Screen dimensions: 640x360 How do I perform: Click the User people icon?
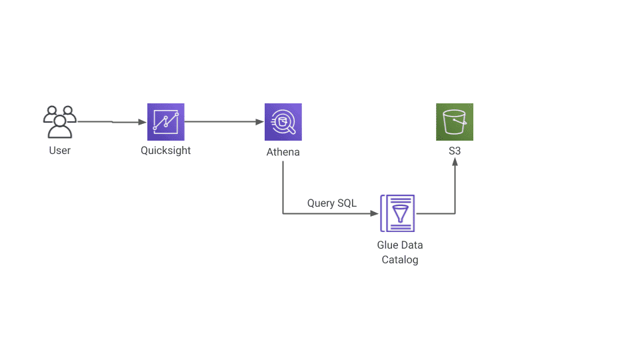[x=60, y=122]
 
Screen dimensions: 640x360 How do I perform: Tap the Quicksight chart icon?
[x=166, y=122]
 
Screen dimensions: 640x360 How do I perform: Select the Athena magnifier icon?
[x=283, y=122]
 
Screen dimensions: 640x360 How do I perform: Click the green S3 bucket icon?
[x=455, y=122]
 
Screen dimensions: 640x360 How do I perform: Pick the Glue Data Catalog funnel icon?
[x=398, y=213]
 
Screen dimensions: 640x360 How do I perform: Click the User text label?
[x=60, y=151]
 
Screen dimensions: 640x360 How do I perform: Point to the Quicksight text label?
[x=166, y=151]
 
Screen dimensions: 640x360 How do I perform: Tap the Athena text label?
[x=283, y=152]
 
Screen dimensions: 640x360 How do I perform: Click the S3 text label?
[x=455, y=151]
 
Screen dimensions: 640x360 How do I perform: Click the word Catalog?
[x=400, y=260]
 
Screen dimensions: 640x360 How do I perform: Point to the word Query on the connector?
[x=321, y=203]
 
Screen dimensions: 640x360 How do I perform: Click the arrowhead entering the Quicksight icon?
[x=143, y=122]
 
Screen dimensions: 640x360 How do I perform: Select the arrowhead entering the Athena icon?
[x=259, y=122]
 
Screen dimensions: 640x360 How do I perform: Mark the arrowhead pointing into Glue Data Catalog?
[x=374, y=213]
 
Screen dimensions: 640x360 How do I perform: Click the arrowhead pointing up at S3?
[x=455, y=162]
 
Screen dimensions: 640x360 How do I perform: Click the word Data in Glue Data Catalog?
[x=412, y=245]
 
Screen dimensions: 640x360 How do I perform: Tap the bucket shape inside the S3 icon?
[x=455, y=122]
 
